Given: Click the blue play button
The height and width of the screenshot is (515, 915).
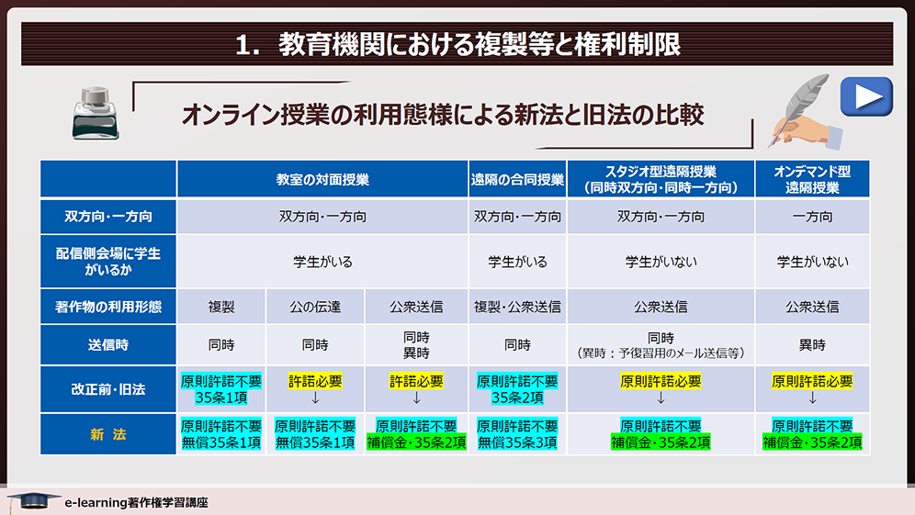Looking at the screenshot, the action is (x=866, y=96).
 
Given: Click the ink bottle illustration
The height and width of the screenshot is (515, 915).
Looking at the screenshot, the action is (x=96, y=113).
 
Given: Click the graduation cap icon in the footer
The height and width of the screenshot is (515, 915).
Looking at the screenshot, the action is (x=33, y=500).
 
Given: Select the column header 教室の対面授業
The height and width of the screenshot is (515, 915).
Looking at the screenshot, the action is (x=322, y=179).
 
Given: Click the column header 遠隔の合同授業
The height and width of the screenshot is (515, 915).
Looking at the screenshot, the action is (x=517, y=179).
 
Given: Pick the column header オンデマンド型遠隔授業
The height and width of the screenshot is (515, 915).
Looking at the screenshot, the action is (x=812, y=179).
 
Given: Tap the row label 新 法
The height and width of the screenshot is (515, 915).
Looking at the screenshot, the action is (x=108, y=434).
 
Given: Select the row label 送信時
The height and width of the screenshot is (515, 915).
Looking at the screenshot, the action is (x=108, y=344).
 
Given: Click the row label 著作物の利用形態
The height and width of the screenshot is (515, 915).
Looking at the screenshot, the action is (x=108, y=307).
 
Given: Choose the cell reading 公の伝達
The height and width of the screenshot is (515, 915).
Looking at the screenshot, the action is (x=315, y=307).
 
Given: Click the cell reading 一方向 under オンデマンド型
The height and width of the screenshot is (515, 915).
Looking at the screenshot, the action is (x=812, y=217).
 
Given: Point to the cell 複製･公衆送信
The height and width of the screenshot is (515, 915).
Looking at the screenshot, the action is (x=517, y=307).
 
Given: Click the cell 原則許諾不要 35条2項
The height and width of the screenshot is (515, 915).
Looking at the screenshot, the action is (x=517, y=389).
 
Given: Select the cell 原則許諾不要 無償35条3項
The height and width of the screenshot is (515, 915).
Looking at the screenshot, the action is (x=517, y=434).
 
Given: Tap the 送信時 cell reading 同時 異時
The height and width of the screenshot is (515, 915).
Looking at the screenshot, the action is (x=416, y=344).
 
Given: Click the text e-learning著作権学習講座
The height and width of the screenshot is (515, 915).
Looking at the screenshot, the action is (x=137, y=502).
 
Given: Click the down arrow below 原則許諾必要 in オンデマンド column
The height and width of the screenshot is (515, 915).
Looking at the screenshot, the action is (x=812, y=397).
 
